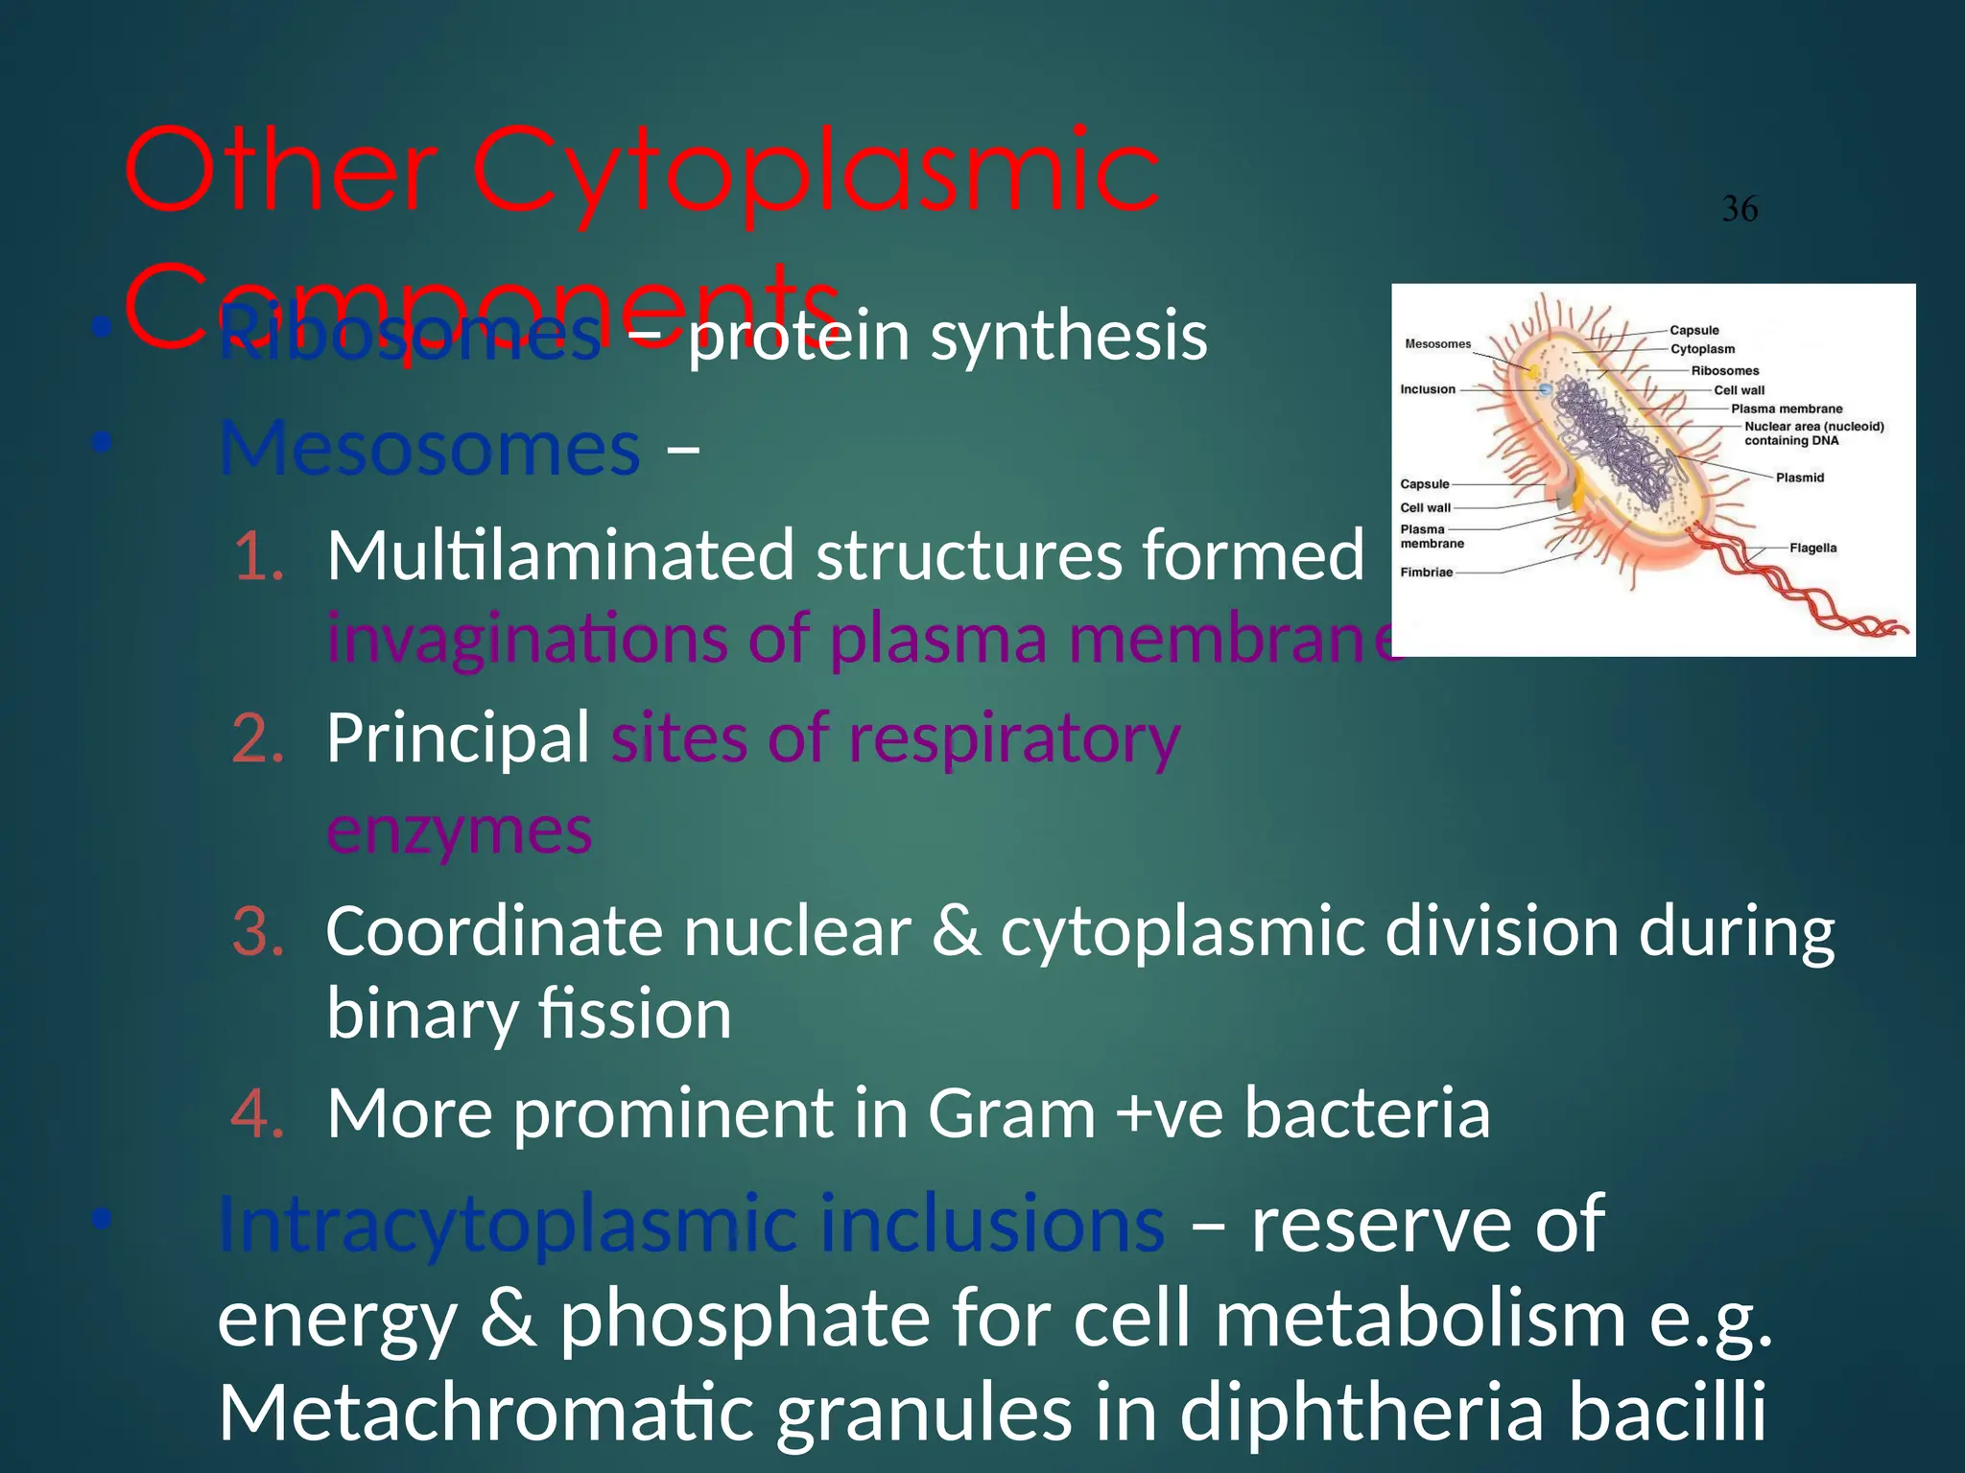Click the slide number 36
click(1740, 209)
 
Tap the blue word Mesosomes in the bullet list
click(429, 449)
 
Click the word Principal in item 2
click(458, 738)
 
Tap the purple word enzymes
click(459, 830)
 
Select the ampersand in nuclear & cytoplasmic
click(957, 932)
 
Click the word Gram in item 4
click(1010, 1114)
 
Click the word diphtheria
click(1362, 1414)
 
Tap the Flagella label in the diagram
click(1812, 549)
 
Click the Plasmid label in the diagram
click(1799, 478)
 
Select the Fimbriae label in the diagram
click(1426, 573)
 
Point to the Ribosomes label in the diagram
click(1724, 371)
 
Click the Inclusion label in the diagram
click(1427, 389)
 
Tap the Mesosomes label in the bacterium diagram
click(1436, 344)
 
